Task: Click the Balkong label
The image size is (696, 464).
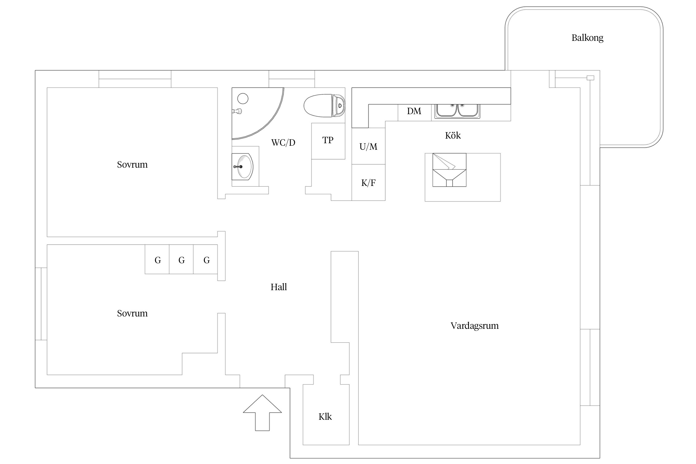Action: coord(587,38)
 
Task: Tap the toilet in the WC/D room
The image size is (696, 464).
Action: coord(324,106)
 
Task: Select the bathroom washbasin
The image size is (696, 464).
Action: coord(243,167)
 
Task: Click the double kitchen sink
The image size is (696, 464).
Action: coord(457,111)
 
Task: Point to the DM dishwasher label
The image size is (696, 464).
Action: coord(414,111)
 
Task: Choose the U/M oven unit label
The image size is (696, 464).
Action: coord(368,146)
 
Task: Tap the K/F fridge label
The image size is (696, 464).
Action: coord(368,183)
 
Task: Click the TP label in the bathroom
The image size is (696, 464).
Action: coord(328,140)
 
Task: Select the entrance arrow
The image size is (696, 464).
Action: coord(262,413)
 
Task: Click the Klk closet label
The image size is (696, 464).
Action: coord(325,417)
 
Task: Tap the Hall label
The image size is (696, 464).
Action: coord(279,287)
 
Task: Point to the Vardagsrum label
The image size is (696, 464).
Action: coord(475,326)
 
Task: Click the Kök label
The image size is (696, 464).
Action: coord(453,135)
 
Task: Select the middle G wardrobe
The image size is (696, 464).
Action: coord(181,259)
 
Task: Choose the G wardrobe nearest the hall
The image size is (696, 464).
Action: coord(206,259)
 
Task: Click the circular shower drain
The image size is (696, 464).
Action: coord(243,99)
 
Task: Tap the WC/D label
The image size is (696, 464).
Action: coord(283,143)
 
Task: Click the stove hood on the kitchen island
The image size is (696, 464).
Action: coord(449,170)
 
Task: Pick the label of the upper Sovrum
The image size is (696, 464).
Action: coord(132,165)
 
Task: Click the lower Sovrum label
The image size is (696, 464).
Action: coord(132,313)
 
